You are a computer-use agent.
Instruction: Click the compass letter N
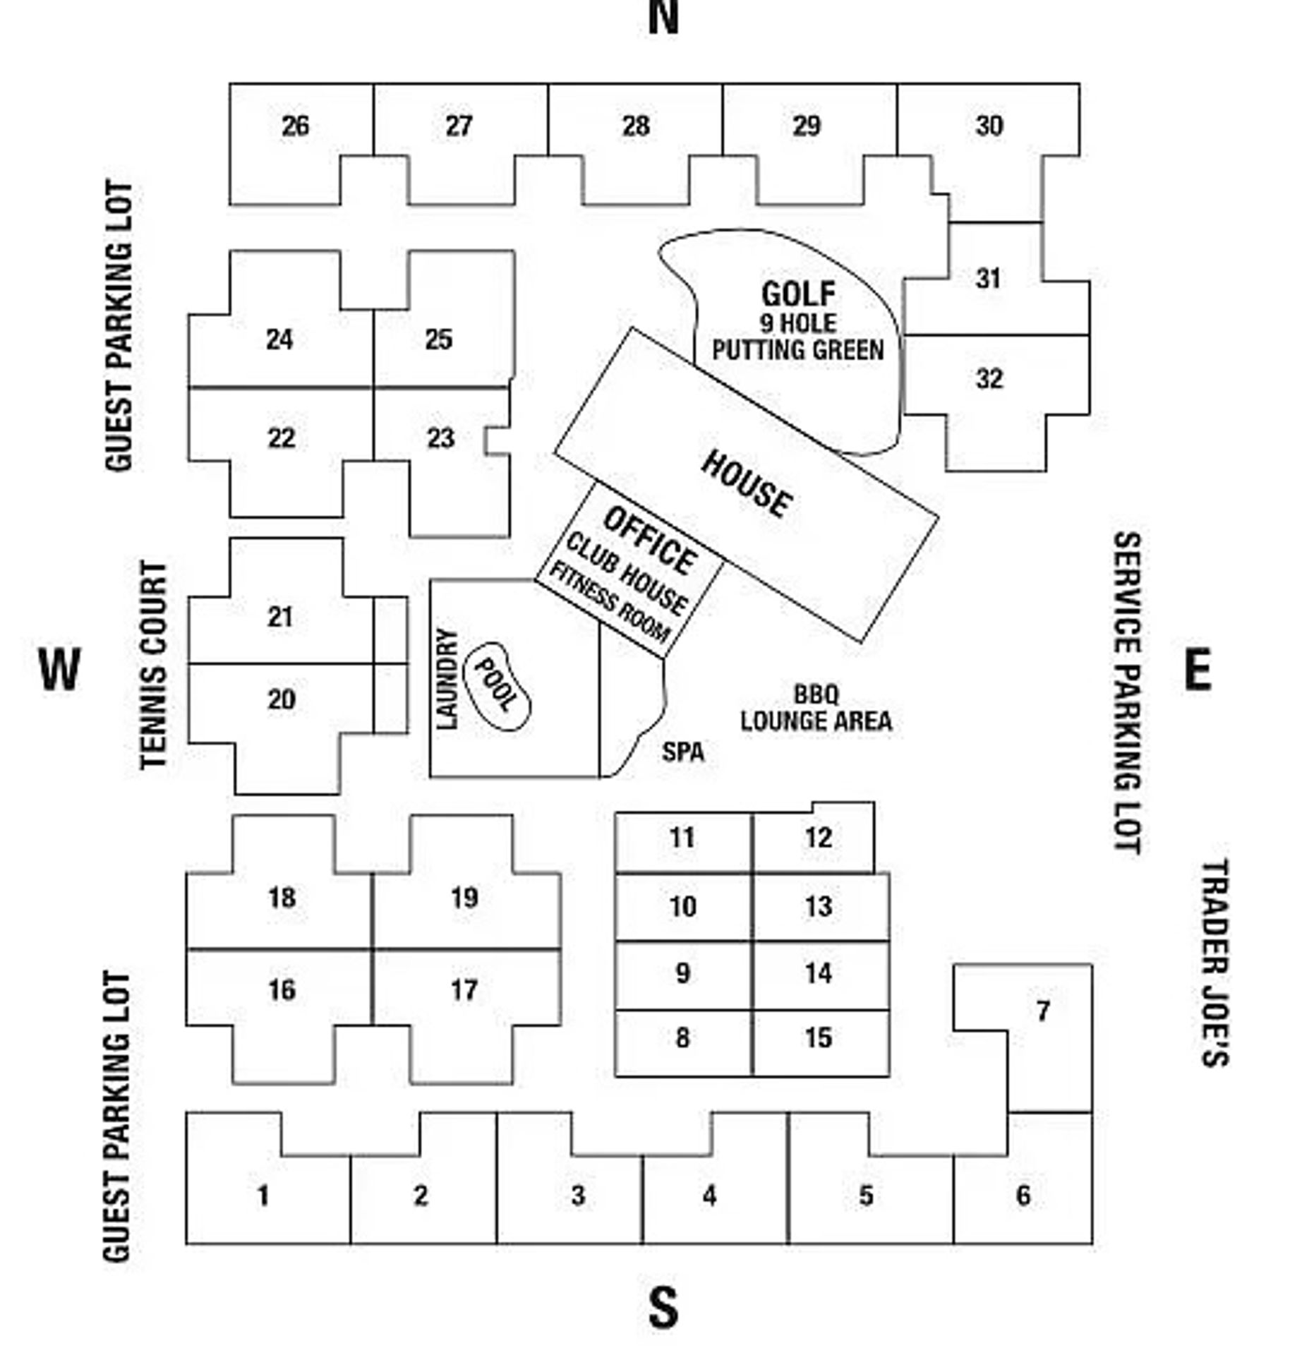tap(663, 18)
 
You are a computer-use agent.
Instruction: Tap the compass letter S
tap(663, 1308)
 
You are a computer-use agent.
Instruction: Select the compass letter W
tap(59, 669)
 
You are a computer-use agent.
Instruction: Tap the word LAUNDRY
tap(447, 678)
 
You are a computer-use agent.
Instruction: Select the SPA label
tap(682, 752)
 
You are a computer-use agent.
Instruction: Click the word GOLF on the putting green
tap(798, 294)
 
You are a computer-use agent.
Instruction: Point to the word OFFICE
tap(649, 540)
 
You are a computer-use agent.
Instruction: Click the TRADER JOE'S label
tap(1216, 962)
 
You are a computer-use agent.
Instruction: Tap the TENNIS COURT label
tap(155, 665)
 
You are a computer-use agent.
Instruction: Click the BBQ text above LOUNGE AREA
tap(816, 694)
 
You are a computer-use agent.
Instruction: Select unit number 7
tap(1043, 1011)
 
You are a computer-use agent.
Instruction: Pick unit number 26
tap(295, 126)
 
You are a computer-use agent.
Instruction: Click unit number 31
tap(988, 279)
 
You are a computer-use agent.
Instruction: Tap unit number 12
tap(818, 838)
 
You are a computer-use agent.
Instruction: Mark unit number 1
tap(263, 1196)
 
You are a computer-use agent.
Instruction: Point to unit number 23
tap(440, 438)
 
